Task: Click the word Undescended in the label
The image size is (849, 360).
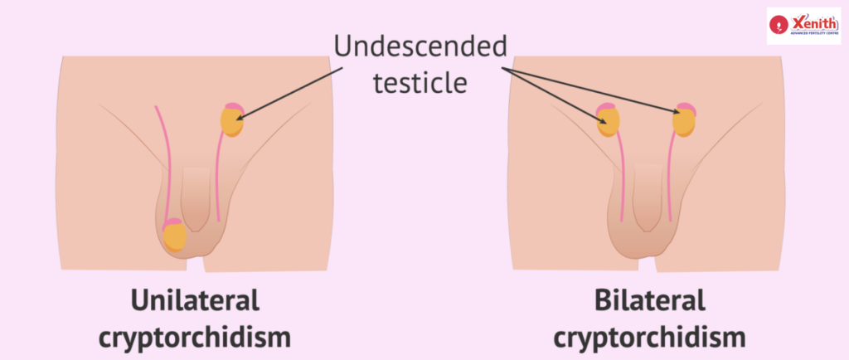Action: tap(420, 46)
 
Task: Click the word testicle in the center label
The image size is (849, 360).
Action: tap(420, 83)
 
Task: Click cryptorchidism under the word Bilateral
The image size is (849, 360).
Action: tap(649, 337)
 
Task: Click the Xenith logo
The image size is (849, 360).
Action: tap(802, 27)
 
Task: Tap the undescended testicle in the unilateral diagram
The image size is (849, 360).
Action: tap(232, 119)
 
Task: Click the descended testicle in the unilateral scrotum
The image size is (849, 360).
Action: tap(175, 236)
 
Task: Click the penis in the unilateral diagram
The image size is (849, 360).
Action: tap(196, 199)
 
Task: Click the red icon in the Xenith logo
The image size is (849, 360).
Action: tap(780, 27)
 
